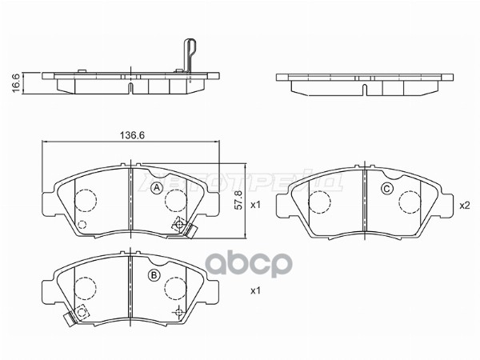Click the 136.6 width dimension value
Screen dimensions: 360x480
pos(130,135)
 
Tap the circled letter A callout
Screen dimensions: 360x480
pos(158,187)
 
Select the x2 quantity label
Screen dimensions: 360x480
pos(463,205)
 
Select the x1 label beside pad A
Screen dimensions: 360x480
pos(256,205)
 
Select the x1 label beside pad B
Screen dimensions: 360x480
pos(256,290)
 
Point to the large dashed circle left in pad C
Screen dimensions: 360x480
pos(319,201)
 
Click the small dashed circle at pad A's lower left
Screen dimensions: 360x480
pos(81,223)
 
